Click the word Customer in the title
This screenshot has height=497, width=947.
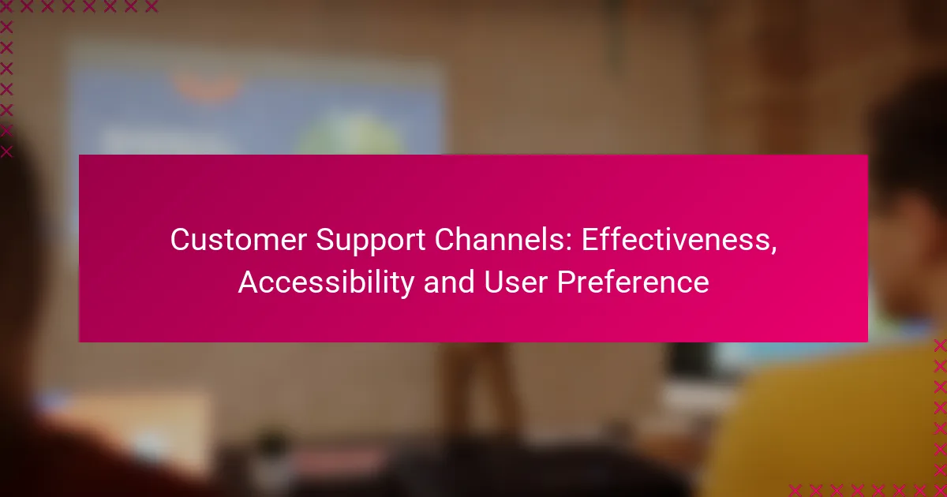click(238, 240)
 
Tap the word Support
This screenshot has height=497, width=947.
click(370, 241)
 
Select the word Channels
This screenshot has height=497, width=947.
click(500, 240)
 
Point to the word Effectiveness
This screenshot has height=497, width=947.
click(676, 240)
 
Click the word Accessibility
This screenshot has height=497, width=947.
click(326, 282)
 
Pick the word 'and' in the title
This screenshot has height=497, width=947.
click(449, 282)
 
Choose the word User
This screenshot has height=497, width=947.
click(516, 282)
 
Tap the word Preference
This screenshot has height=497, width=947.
click(633, 282)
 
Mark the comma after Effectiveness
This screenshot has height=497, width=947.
click(773, 250)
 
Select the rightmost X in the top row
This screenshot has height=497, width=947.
click(152, 6)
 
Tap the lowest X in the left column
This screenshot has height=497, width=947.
click(6, 151)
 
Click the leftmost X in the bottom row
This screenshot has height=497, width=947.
click(795, 491)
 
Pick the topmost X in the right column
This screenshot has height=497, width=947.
click(940, 346)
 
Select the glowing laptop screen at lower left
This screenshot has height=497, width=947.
click(127, 427)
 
